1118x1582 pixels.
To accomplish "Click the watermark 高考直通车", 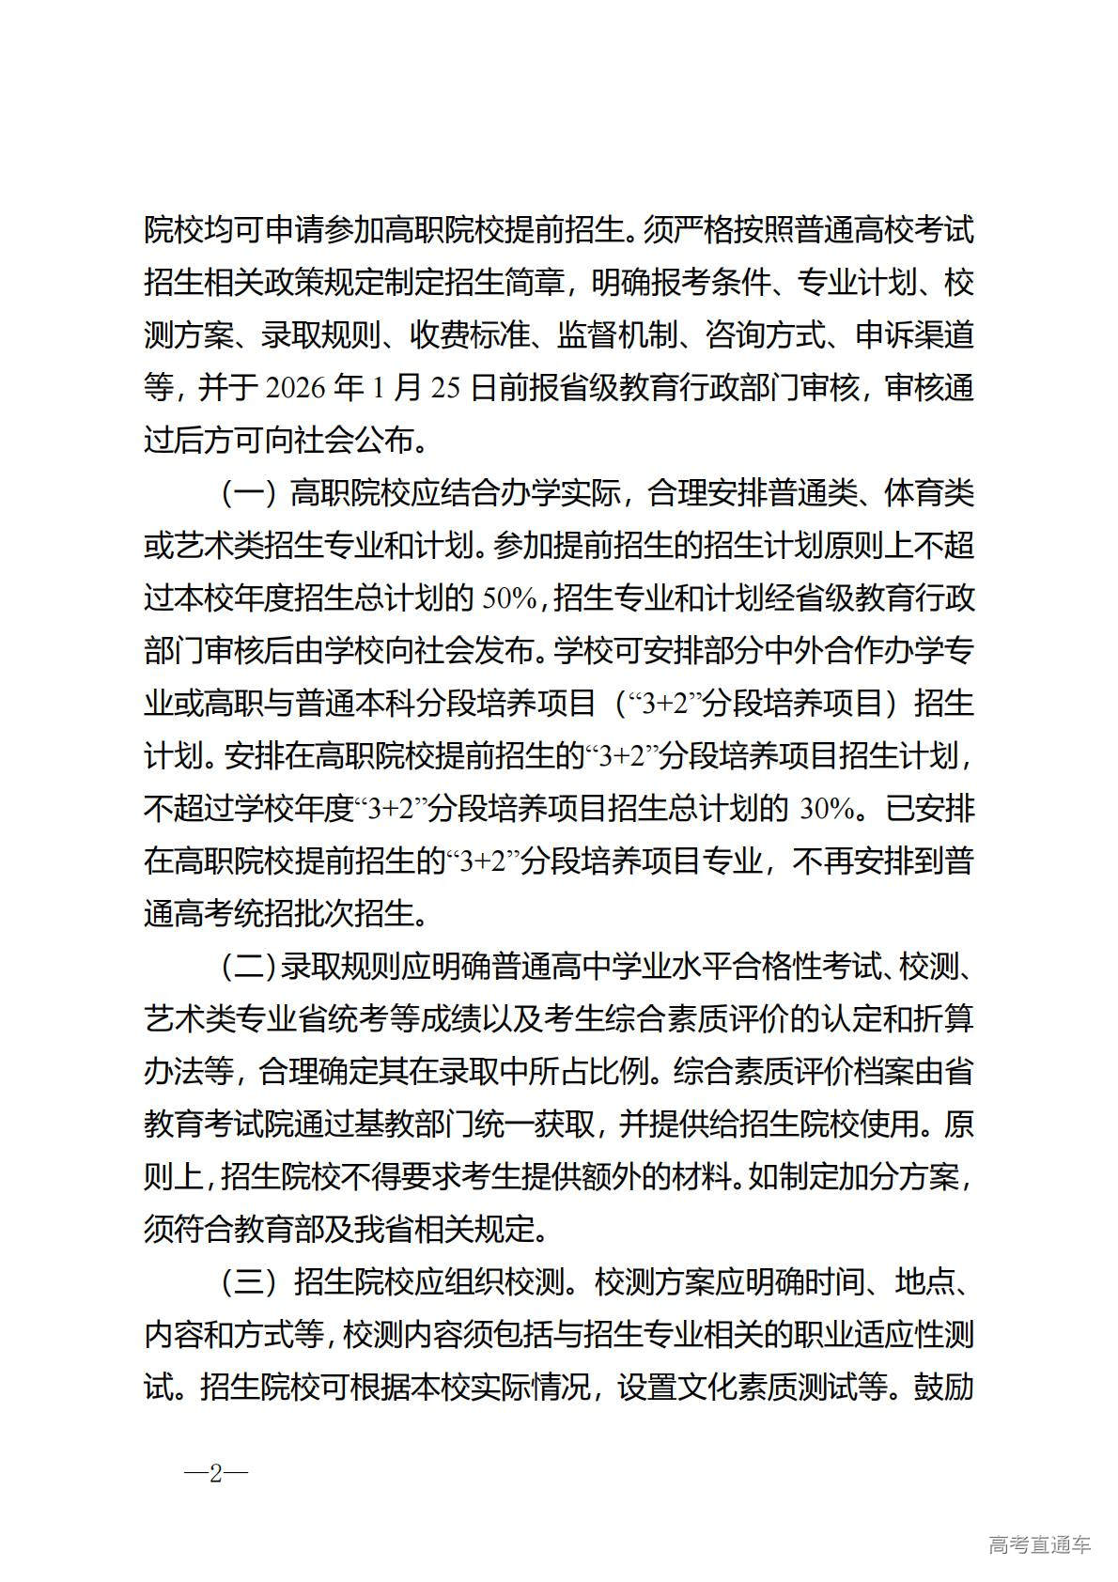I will point(1039,1545).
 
